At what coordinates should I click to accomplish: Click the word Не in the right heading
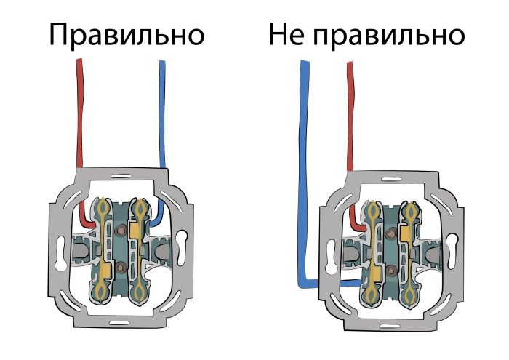285,34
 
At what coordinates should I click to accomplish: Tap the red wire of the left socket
79,116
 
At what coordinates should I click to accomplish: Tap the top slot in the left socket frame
121,179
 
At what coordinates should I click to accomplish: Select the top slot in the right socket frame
393,181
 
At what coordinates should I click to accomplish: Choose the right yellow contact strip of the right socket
412,251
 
